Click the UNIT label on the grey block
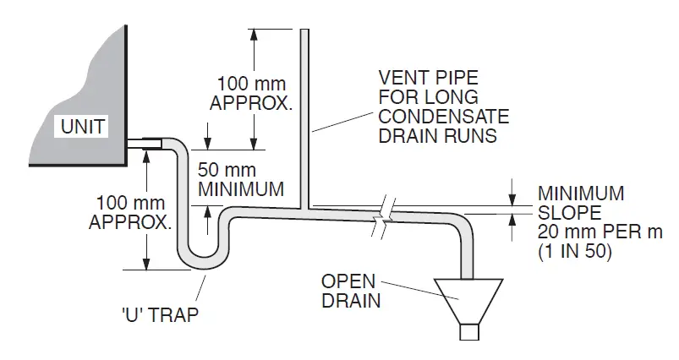81,128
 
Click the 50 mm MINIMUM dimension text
241,178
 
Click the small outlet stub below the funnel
468,332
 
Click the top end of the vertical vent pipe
306,32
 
